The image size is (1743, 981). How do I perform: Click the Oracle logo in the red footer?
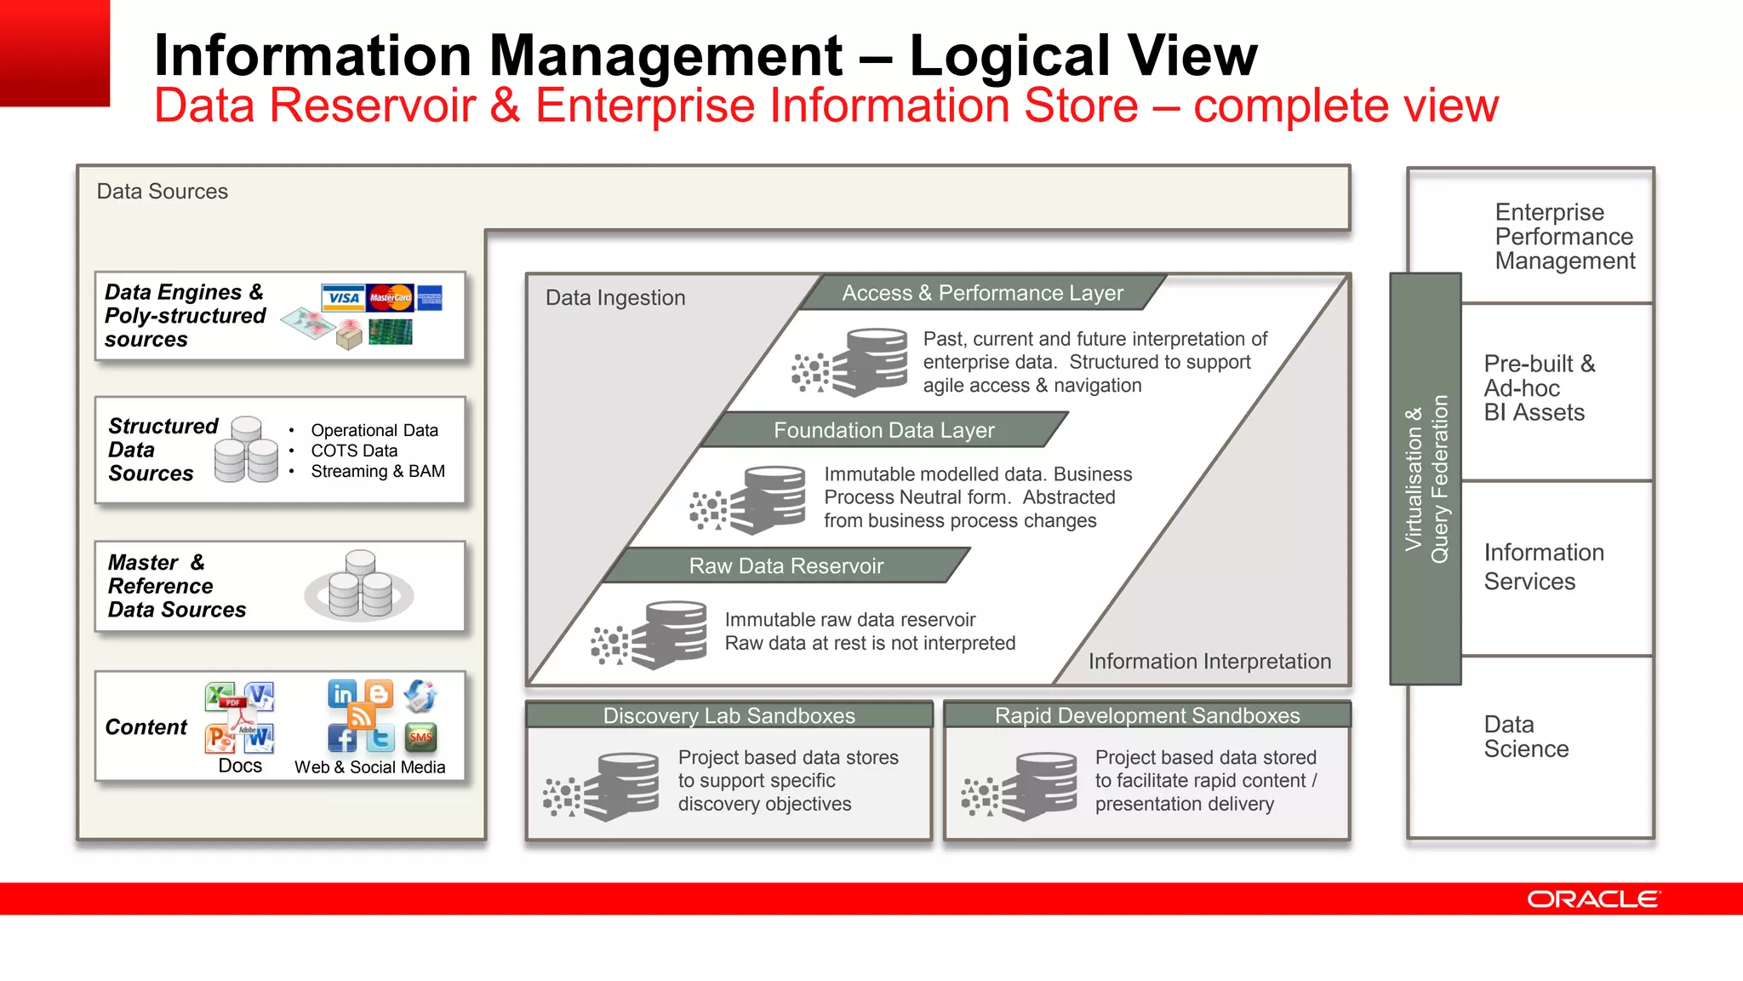pos(1592,899)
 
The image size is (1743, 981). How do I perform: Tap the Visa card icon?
pos(343,298)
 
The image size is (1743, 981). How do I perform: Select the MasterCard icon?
pos(391,297)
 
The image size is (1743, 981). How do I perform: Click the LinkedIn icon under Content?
pos(342,694)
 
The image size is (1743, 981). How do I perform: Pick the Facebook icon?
pos(342,738)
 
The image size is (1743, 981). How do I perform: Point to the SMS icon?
pos(420,737)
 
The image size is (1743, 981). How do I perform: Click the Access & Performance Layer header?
pos(982,293)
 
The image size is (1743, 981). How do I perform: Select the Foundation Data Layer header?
pos(883,430)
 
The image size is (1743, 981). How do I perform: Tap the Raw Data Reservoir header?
pos(786,565)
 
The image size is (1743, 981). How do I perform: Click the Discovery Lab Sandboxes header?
pos(729,715)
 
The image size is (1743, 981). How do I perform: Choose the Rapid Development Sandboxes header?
pos(1146,715)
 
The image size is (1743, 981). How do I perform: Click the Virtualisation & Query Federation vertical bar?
pos(1425,479)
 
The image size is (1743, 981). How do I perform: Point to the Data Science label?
pos(1525,737)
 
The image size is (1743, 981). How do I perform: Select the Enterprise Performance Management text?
pos(1564,236)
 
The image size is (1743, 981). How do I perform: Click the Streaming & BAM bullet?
pos(377,471)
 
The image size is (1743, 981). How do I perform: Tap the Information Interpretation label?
pos(1209,661)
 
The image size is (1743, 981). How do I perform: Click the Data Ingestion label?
pos(614,297)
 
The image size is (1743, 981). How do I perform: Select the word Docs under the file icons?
pos(240,766)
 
